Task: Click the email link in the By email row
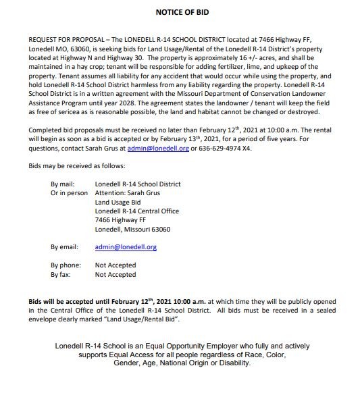(x=126, y=247)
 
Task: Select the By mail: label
(x=65, y=183)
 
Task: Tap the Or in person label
(x=70, y=192)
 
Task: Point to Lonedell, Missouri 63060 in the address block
(x=132, y=229)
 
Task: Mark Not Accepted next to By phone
(x=115, y=265)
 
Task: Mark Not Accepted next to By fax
(x=115, y=275)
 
